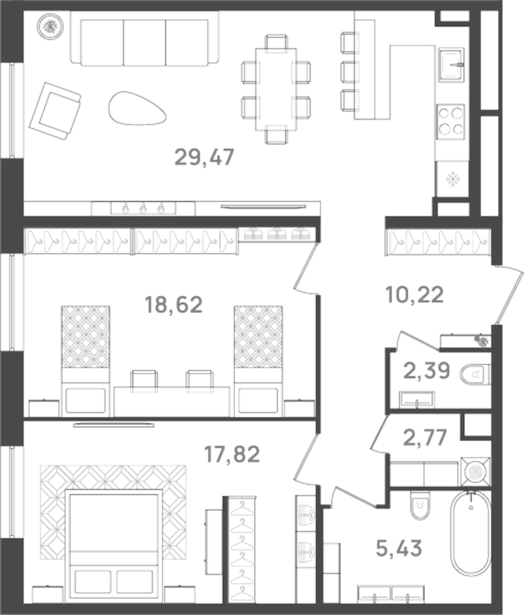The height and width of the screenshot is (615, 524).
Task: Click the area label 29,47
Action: pyautogui.click(x=204, y=157)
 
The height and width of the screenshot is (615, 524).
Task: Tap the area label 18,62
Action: pyautogui.click(x=173, y=304)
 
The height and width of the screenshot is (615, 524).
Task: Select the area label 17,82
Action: pyautogui.click(x=232, y=454)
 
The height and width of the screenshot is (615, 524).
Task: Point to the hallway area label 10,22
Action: pyautogui.click(x=414, y=295)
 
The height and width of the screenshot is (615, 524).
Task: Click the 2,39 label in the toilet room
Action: pyautogui.click(x=427, y=370)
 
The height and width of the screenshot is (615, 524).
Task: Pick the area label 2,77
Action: pyautogui.click(x=425, y=437)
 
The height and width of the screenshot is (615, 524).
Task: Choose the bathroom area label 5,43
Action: pyautogui.click(x=399, y=548)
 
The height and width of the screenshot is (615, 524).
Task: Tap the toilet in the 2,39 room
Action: pyautogui.click(x=476, y=375)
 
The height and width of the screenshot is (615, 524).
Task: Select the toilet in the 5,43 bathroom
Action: pyautogui.click(x=420, y=506)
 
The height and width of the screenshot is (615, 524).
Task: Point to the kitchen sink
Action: pyautogui.click(x=451, y=64)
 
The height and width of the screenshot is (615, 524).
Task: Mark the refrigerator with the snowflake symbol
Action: pyautogui.click(x=451, y=179)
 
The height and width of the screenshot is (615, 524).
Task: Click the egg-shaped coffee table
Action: pyautogui.click(x=138, y=108)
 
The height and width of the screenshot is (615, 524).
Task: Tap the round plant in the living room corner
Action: pyautogui.click(x=50, y=26)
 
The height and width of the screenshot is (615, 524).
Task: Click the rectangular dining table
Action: pyautogui.click(x=276, y=89)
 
